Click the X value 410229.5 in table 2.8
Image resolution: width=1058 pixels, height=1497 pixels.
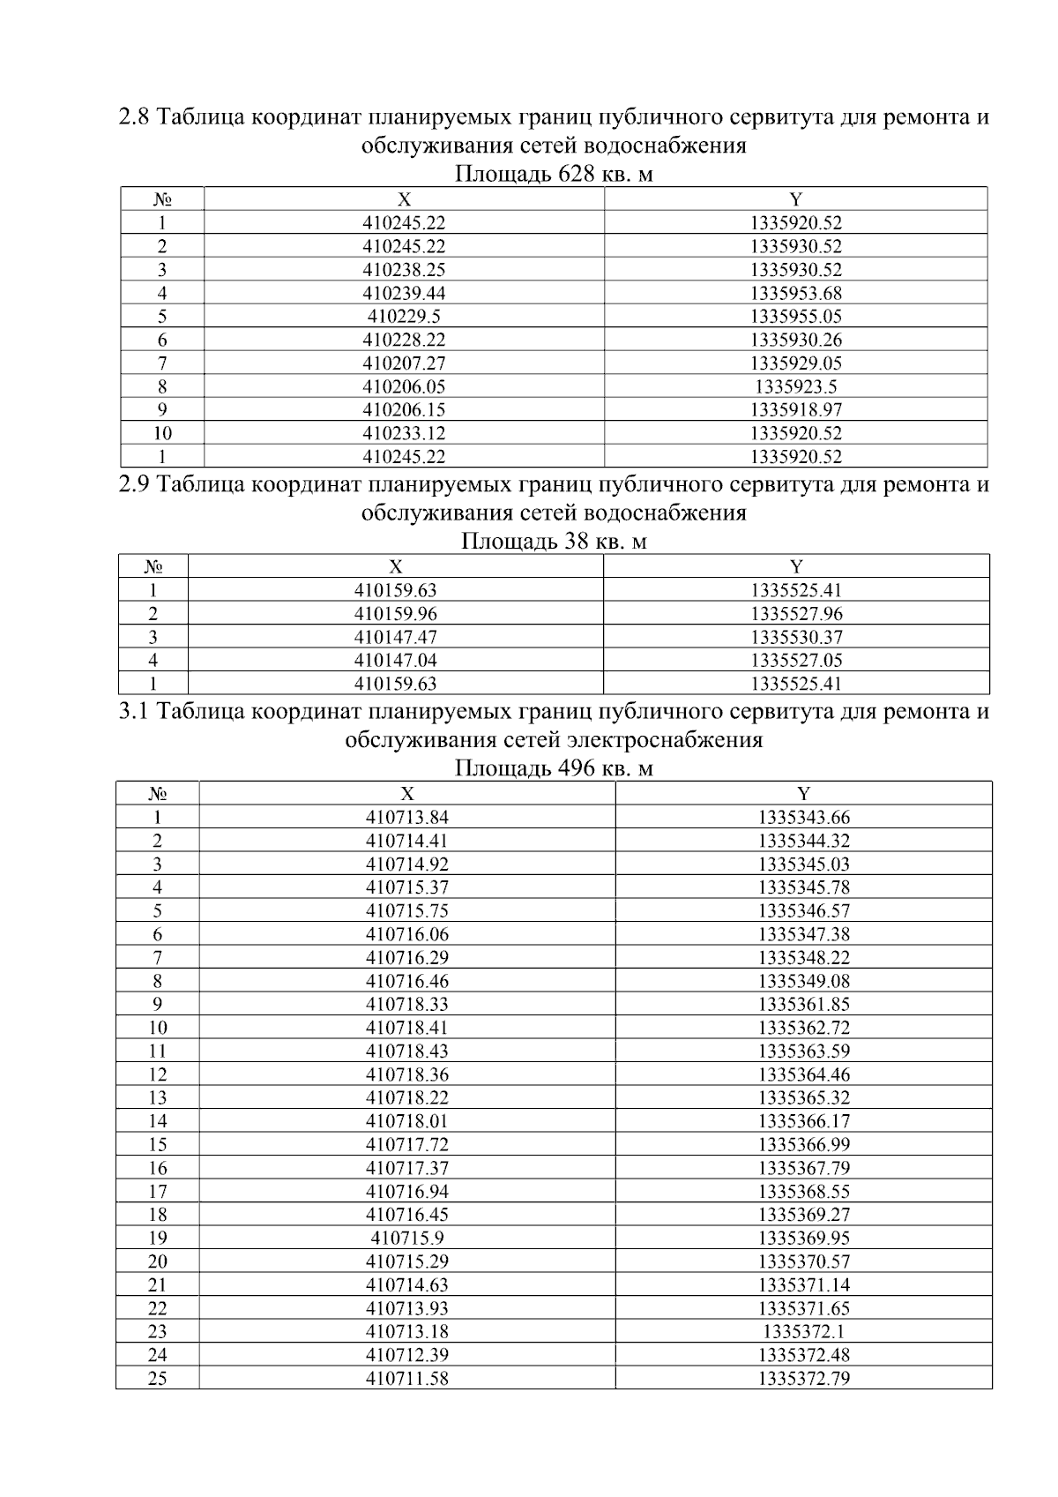click(x=404, y=317)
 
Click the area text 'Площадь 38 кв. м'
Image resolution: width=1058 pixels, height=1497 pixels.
click(x=554, y=542)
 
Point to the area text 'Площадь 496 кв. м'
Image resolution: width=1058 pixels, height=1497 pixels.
click(x=554, y=769)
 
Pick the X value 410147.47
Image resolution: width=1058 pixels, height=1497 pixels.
click(x=395, y=637)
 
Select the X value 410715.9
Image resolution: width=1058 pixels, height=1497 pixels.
click(x=406, y=1239)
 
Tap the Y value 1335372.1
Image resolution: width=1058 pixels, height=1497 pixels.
click(x=803, y=1332)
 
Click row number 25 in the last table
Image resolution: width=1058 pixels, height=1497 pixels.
click(x=157, y=1379)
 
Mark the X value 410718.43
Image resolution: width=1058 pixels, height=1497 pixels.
click(x=406, y=1052)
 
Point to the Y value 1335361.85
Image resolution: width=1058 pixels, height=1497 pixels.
click(x=803, y=1005)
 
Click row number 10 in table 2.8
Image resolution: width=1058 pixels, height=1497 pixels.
click(x=162, y=433)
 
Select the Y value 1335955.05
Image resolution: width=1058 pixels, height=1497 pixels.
click(x=796, y=317)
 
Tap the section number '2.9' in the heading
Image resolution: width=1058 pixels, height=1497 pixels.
click(x=137, y=485)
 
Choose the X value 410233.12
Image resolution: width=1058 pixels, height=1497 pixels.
click(x=404, y=433)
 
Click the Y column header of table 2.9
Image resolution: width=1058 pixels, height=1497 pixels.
click(x=796, y=566)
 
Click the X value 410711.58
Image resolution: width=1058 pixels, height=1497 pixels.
click(x=406, y=1379)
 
